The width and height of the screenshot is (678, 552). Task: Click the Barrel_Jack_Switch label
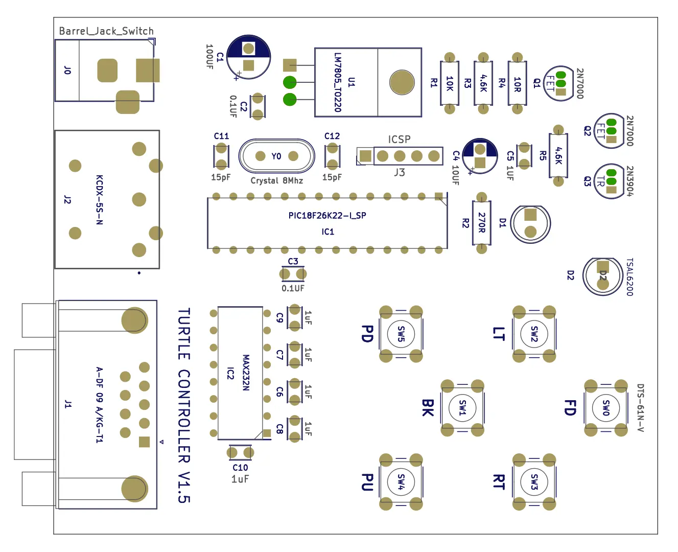click(x=106, y=31)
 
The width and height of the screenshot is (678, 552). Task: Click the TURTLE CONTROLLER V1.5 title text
click(x=184, y=405)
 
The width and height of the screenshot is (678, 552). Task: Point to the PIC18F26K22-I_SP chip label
click(x=327, y=216)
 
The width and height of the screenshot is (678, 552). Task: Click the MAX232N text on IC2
click(x=246, y=373)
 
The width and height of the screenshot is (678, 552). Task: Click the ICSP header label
click(x=399, y=139)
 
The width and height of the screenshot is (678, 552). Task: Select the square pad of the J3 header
click(x=365, y=156)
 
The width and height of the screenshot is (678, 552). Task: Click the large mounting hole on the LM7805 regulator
click(x=402, y=82)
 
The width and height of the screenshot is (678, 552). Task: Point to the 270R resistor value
click(x=482, y=222)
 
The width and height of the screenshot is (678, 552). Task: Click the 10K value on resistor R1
click(x=450, y=83)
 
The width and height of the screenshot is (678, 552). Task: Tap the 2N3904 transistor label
click(x=629, y=181)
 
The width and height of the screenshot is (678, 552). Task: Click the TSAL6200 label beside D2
click(x=629, y=277)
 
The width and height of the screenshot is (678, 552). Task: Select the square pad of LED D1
click(x=530, y=215)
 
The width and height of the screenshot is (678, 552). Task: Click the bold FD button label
click(x=570, y=408)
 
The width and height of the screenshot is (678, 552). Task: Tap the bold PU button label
click(x=367, y=482)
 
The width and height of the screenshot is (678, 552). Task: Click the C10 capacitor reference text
click(x=240, y=468)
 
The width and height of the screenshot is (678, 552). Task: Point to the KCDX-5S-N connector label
click(x=99, y=200)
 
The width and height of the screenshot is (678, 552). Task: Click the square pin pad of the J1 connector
click(x=144, y=442)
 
